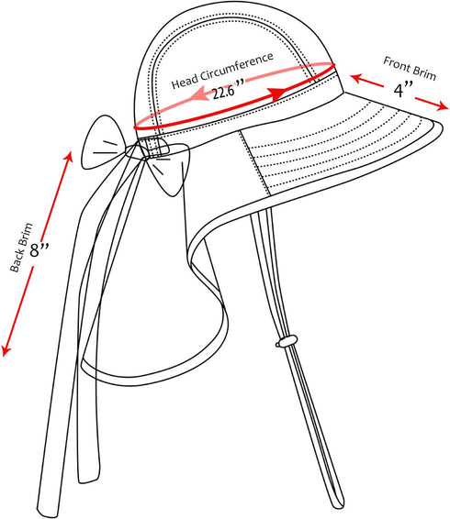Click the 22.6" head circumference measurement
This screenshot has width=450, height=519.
tap(229, 90)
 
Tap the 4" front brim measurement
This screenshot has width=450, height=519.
tap(403, 89)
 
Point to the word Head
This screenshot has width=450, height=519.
tap(185, 83)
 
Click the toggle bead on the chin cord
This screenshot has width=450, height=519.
tap(287, 341)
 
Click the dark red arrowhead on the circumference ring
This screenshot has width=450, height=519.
tap(277, 94)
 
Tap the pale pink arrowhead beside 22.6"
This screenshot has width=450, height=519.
tap(198, 94)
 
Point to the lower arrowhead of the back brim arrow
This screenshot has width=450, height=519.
tap(6, 350)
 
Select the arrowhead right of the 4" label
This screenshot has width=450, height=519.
tap(441, 105)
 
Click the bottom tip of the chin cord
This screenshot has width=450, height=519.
tap(339, 505)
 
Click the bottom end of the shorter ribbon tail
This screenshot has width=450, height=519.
tap(88, 480)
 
